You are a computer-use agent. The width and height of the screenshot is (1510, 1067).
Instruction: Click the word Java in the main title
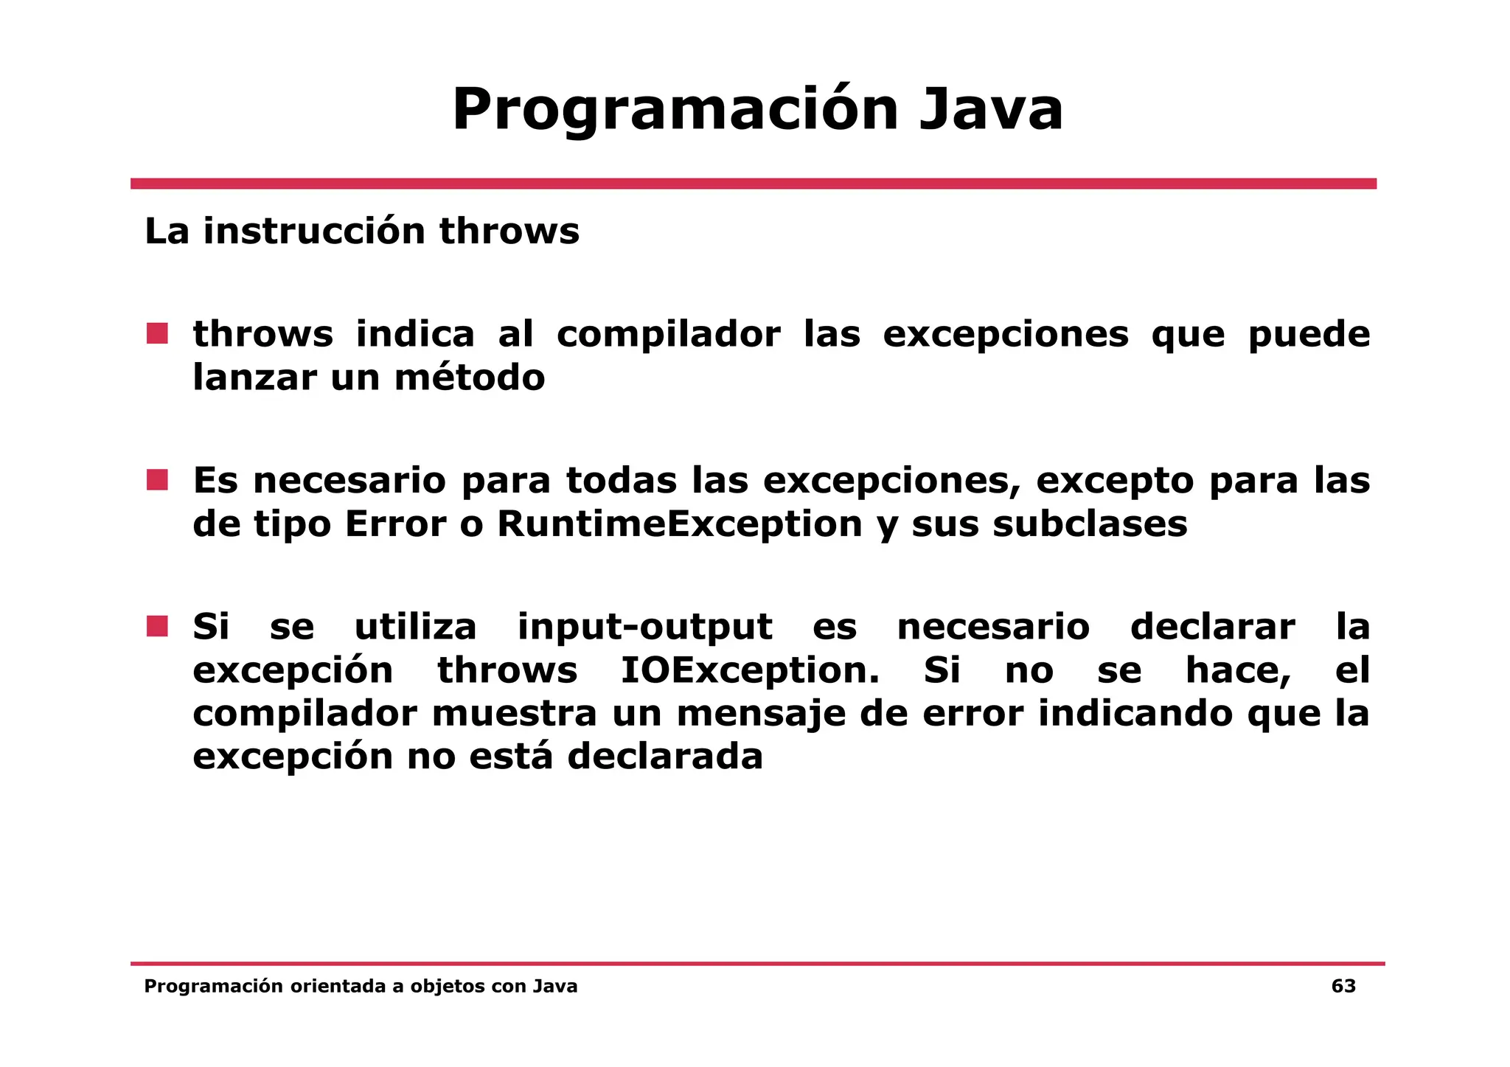pos(990,111)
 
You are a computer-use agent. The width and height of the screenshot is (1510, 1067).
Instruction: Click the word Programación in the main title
pos(674,111)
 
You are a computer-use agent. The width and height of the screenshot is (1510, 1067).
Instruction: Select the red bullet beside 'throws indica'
pos(157,334)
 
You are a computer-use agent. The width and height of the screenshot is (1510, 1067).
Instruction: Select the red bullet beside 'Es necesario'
pos(157,480)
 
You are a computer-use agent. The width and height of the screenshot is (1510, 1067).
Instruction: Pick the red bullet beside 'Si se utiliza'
pos(157,627)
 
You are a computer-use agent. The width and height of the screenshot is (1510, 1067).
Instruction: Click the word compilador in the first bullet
pos(668,336)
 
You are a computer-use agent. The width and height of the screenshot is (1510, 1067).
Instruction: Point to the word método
pos(470,378)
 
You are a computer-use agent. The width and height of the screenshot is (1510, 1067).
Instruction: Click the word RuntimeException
pos(679,524)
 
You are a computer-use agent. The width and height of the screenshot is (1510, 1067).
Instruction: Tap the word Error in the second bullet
pos(395,524)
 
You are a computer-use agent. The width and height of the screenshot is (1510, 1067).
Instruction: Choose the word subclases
pos(1090,524)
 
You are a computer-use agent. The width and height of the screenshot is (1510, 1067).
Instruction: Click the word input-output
pos(644,628)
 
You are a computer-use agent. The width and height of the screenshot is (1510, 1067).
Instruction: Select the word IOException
pos(749,671)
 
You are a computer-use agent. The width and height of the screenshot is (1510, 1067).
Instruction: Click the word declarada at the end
pos(664,757)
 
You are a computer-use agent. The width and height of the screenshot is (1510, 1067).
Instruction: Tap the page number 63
pos(1343,987)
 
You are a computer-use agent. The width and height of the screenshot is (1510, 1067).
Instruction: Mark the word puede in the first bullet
pos(1309,336)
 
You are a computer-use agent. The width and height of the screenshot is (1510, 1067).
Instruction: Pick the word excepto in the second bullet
pos(1115,482)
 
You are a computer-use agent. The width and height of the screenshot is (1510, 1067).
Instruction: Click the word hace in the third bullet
pos(1237,671)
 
